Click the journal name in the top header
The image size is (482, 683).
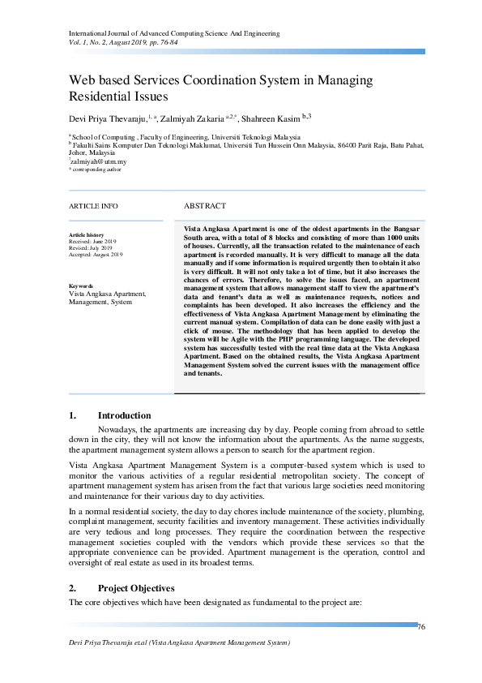click(174, 33)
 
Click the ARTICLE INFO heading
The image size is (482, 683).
click(93, 206)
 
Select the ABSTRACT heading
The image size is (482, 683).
click(205, 206)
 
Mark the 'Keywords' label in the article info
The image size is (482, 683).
click(82, 286)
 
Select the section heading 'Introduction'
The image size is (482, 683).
click(124, 415)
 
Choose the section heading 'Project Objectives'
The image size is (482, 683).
click(135, 588)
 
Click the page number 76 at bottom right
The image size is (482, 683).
click(421, 627)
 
